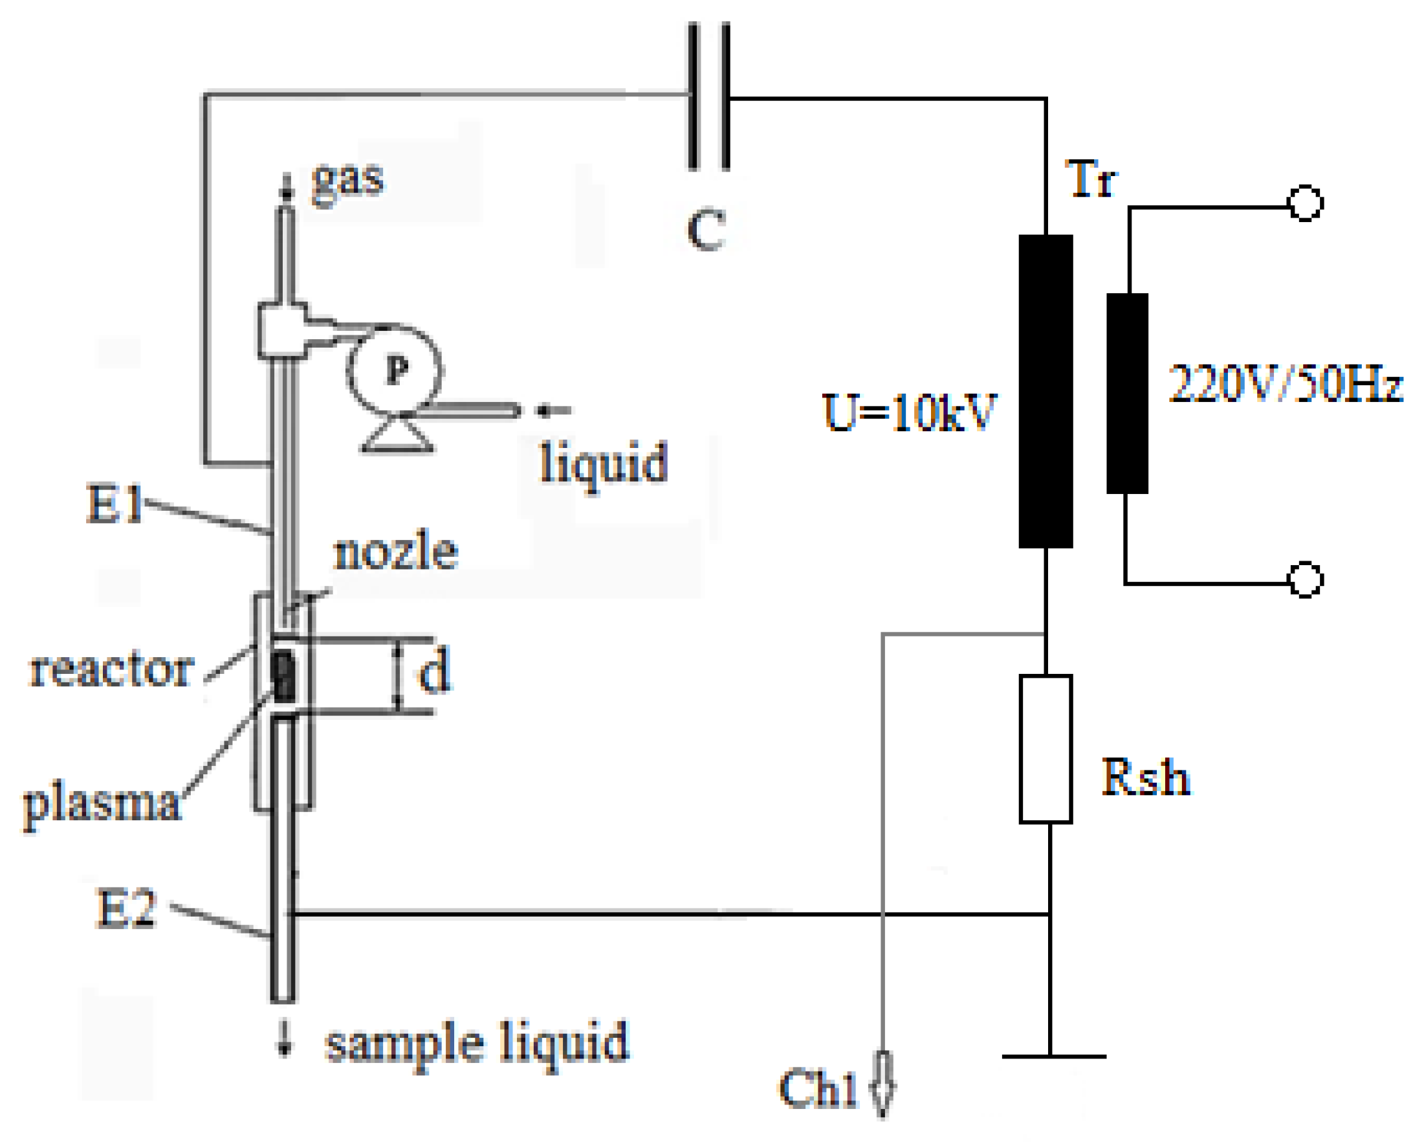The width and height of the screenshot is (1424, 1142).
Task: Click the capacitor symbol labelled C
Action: tap(709, 96)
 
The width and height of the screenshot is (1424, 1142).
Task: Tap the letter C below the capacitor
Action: tap(706, 230)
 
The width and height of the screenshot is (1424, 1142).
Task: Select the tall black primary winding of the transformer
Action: tap(1046, 391)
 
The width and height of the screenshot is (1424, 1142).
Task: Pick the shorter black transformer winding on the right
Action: tap(1128, 394)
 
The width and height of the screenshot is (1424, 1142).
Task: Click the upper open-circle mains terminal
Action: tap(1305, 203)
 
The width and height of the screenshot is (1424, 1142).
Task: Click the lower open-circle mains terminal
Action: tap(1305, 580)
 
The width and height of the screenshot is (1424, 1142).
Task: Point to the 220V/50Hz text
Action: tap(1286, 384)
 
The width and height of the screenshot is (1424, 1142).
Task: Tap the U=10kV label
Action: tap(909, 413)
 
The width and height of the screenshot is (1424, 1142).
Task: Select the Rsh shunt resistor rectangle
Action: tap(1046, 750)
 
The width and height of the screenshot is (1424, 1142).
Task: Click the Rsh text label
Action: tap(1145, 777)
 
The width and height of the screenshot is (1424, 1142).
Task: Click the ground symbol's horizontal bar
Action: tap(1053, 1057)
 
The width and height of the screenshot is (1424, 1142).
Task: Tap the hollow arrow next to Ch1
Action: tap(882, 1084)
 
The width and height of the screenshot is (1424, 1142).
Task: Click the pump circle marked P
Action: tap(395, 369)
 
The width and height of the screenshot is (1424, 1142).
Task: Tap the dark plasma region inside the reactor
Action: tap(284, 677)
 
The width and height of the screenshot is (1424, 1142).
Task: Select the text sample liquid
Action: tap(477, 1044)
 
